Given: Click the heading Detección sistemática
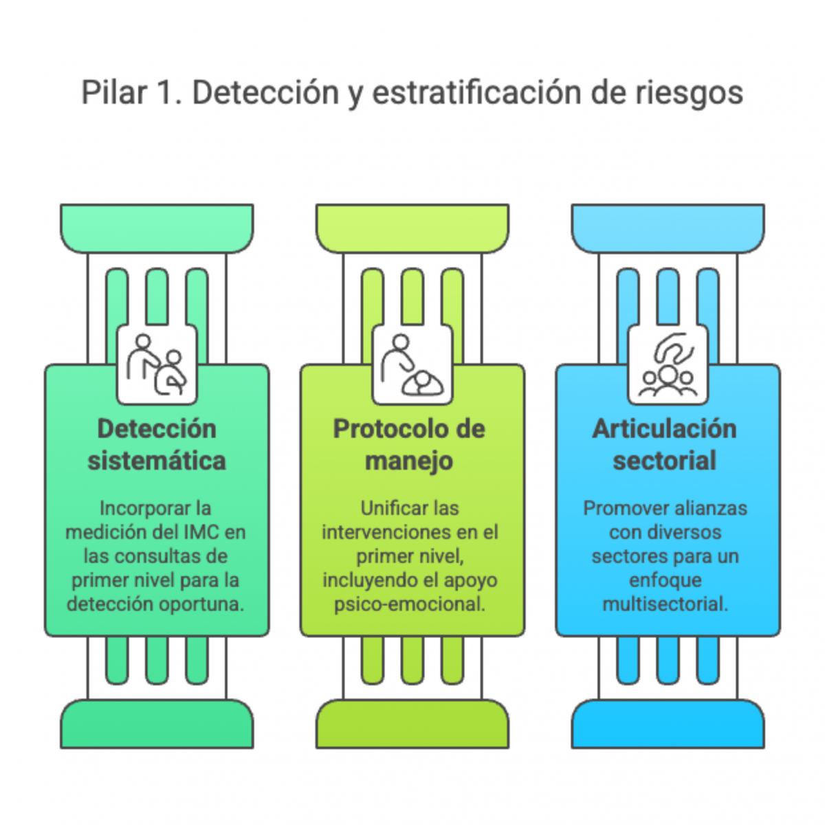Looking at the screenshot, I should tap(157, 445).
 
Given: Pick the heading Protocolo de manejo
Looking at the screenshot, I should tap(410, 445).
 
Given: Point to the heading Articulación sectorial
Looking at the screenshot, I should tap(665, 445).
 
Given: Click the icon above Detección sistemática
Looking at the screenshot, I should tap(157, 365).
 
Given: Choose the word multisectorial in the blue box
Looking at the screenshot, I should tap(665, 604).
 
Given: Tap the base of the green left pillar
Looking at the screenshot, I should tap(157, 725).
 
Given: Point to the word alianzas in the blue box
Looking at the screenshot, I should tap(709, 508).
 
